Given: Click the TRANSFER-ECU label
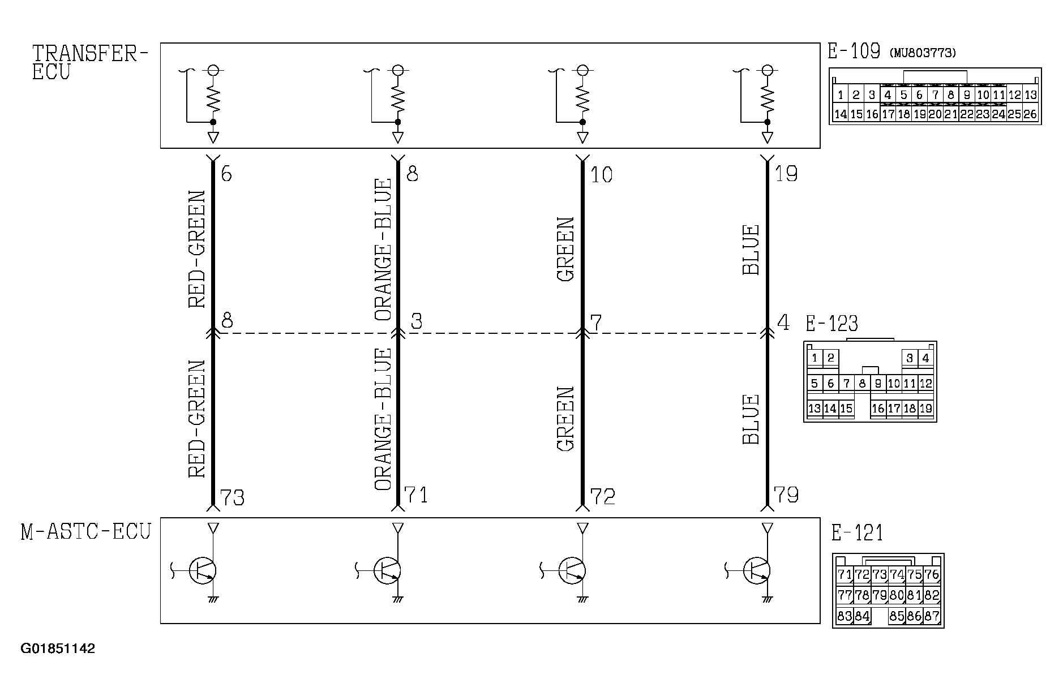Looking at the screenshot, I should (89, 62).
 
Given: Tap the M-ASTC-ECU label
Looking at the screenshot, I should (86, 532).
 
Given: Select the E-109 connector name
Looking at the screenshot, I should (854, 51).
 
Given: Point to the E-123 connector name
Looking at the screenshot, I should (831, 324).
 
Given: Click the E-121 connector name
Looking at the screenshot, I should (857, 533).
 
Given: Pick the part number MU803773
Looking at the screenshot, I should (923, 53).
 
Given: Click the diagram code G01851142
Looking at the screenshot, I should (58, 648).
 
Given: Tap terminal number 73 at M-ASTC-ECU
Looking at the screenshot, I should (232, 497).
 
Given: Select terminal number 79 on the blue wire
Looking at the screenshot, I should (786, 495).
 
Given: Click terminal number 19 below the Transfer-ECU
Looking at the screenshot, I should (786, 174).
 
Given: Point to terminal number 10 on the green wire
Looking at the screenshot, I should (601, 175).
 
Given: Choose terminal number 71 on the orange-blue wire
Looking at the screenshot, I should (416, 495).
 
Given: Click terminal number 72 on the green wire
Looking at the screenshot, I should (602, 496).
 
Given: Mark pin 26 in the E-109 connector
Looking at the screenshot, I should (1030, 114).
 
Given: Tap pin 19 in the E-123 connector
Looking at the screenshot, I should (925, 409).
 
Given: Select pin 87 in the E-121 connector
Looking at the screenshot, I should (932, 616).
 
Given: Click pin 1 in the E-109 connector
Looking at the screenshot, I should (841, 95).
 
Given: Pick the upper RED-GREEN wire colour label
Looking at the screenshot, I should (196, 250).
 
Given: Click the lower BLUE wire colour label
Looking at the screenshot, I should (751, 419).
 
